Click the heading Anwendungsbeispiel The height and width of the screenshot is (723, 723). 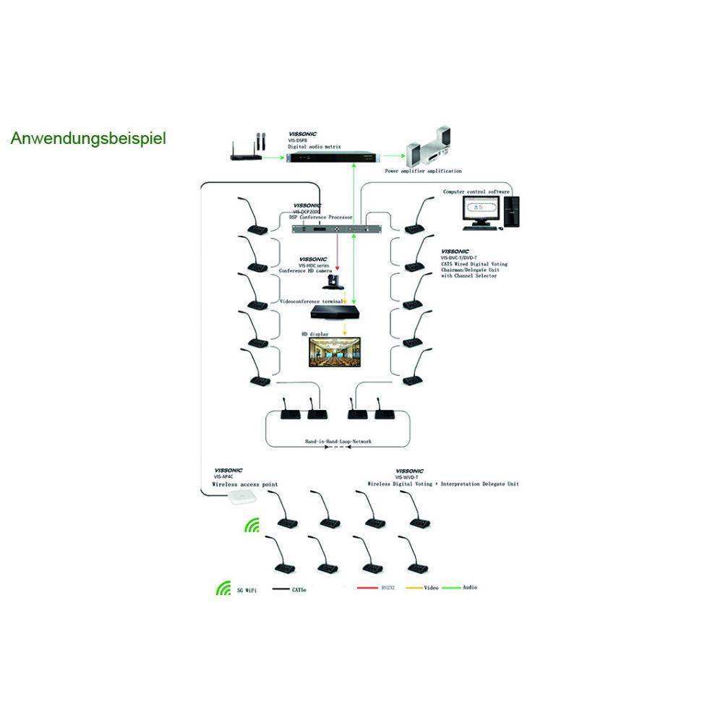[x=88, y=138]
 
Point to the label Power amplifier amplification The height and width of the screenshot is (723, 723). [x=423, y=171]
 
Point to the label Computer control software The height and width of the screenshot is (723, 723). [x=476, y=192]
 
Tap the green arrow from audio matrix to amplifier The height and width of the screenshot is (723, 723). [x=394, y=155]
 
